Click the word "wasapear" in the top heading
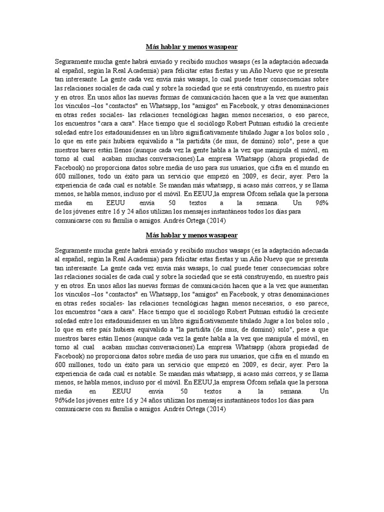(x=221, y=47)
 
